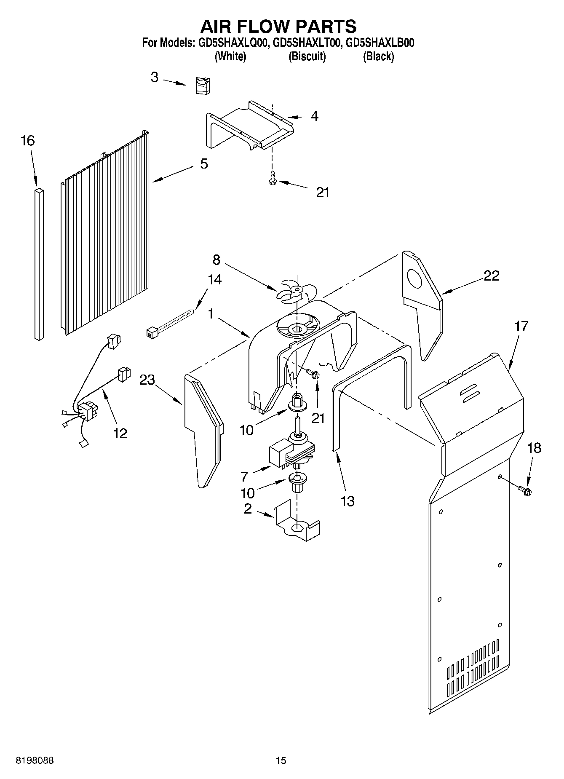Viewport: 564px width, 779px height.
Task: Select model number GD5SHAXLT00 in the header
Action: pos(306,43)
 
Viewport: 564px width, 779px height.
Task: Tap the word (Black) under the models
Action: pos(378,56)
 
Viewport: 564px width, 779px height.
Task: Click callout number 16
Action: pos(28,140)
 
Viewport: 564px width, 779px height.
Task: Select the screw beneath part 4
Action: pos(272,179)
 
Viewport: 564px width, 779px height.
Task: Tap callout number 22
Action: pos(491,276)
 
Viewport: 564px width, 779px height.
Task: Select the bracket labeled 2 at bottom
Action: pos(297,525)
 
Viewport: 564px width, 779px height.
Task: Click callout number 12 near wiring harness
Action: pos(120,433)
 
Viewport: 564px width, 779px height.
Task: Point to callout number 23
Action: pos(147,380)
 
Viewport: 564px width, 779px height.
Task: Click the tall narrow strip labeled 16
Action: pos(38,263)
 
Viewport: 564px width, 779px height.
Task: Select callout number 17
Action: pos(521,326)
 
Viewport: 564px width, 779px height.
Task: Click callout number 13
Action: pos(348,501)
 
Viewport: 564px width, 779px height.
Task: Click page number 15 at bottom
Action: pos(281,760)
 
